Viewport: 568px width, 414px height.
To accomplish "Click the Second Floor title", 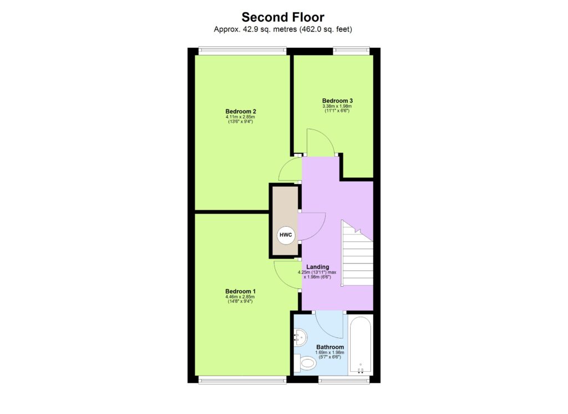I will (x=283, y=18).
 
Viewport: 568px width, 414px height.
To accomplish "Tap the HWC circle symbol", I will (x=286, y=235).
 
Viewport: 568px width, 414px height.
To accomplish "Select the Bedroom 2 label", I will (x=241, y=111).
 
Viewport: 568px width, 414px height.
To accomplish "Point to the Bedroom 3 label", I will (x=337, y=101).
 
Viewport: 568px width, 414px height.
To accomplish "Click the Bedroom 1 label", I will (x=240, y=291).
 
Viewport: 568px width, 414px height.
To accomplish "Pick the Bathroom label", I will (x=330, y=347).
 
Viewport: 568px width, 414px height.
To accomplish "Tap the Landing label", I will (x=317, y=267).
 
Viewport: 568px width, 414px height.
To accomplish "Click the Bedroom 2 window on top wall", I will (x=243, y=51).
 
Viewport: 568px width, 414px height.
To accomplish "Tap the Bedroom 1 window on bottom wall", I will (x=243, y=381).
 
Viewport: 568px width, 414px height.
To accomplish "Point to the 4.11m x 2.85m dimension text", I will (x=241, y=117).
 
